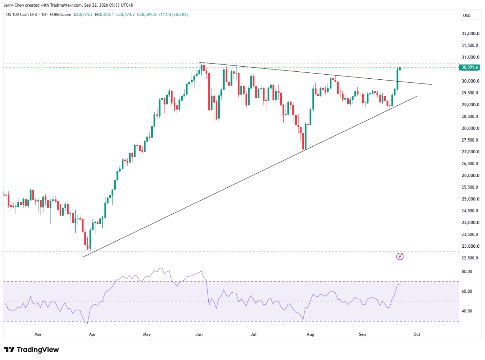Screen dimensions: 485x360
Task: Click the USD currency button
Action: [x=470, y=15]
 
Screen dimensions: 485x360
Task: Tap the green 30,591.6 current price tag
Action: [x=469, y=67]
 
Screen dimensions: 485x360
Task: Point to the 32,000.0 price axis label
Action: [x=470, y=34]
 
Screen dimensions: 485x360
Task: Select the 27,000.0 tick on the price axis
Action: [x=470, y=152]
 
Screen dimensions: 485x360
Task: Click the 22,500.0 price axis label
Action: [x=470, y=258]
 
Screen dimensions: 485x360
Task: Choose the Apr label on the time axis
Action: [x=92, y=334]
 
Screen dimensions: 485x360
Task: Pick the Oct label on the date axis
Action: [x=417, y=334]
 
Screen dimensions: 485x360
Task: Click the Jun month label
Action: [x=199, y=334]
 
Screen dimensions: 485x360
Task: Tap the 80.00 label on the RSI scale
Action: [x=467, y=271]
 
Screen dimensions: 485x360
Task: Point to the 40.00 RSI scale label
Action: [x=467, y=311]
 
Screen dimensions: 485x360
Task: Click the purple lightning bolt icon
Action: [x=400, y=256]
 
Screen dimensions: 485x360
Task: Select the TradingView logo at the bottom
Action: [x=31, y=349]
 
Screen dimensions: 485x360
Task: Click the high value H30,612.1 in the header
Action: [x=104, y=15]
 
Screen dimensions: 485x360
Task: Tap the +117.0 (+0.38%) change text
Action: [x=173, y=15]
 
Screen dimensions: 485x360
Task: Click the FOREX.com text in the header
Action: [x=60, y=15]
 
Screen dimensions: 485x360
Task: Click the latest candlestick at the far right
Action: [x=400, y=68]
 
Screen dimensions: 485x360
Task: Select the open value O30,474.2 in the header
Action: [x=83, y=15]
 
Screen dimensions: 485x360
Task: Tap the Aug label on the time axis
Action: [x=310, y=334]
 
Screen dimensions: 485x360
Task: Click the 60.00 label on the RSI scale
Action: [x=467, y=291]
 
